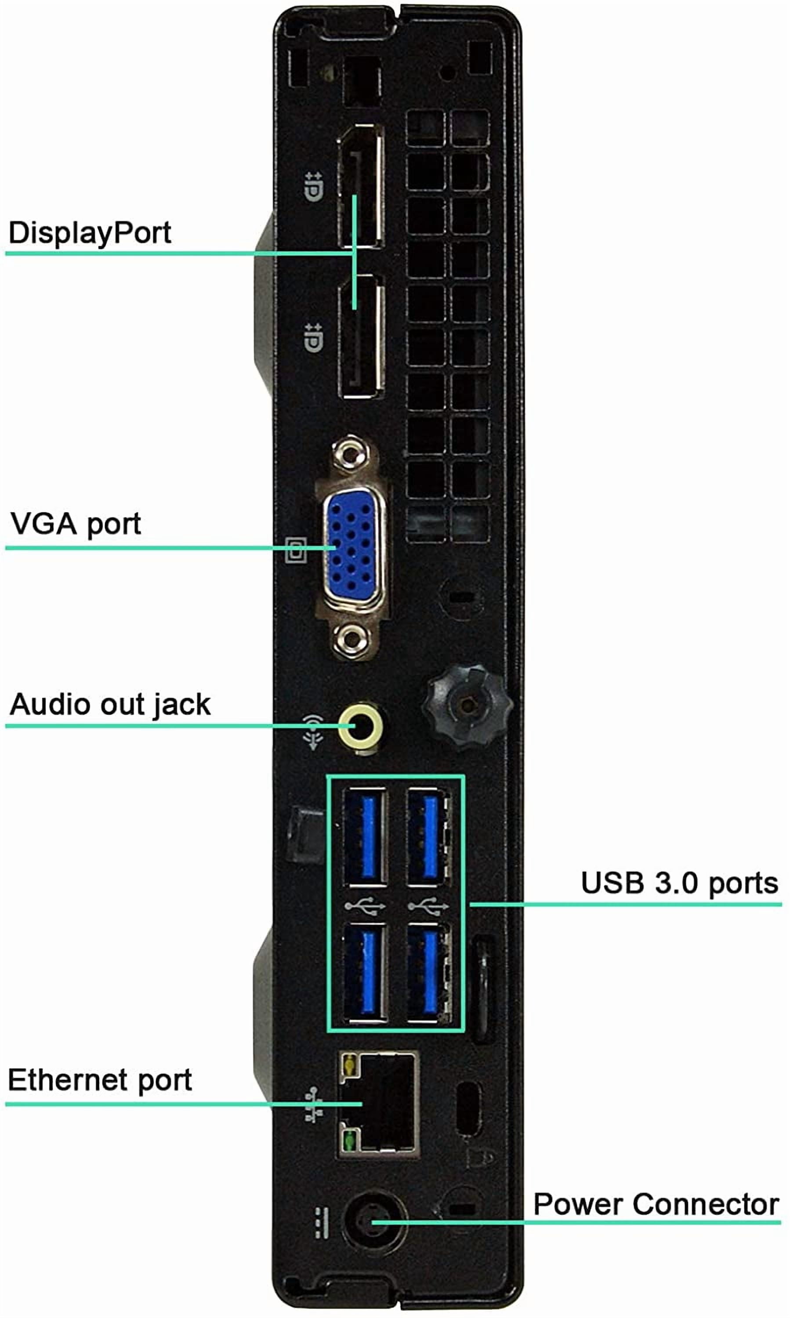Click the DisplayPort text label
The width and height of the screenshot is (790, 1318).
pyautogui.click(x=90, y=232)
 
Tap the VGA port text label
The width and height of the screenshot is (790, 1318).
pyautogui.click(x=76, y=524)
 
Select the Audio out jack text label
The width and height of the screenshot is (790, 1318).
pyautogui.click(x=110, y=704)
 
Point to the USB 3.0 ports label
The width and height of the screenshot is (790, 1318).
pyautogui.click(x=679, y=883)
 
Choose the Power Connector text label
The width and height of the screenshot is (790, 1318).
pyautogui.click(x=656, y=1204)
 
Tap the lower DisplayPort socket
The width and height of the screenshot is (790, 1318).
pyautogui.click(x=362, y=337)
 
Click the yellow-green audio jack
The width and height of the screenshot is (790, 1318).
pyautogui.click(x=360, y=727)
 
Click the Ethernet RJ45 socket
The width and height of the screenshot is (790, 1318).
pyautogui.click(x=377, y=1104)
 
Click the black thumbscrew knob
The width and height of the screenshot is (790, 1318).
pyautogui.click(x=467, y=705)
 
